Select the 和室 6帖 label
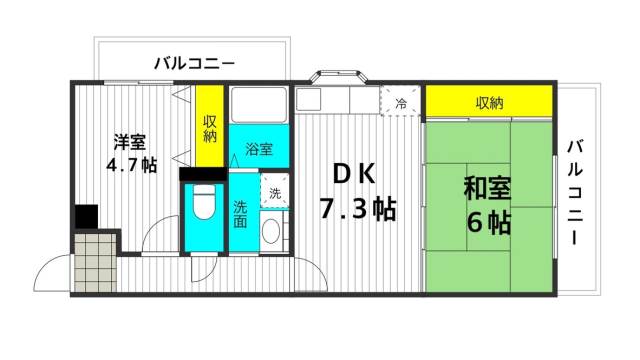(x=488, y=204)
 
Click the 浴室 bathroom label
(x=260, y=150)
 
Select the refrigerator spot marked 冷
(x=401, y=102)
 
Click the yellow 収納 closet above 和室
(x=489, y=102)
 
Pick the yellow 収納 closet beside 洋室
(x=210, y=130)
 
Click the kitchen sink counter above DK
(x=337, y=100)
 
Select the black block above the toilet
(x=203, y=174)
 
